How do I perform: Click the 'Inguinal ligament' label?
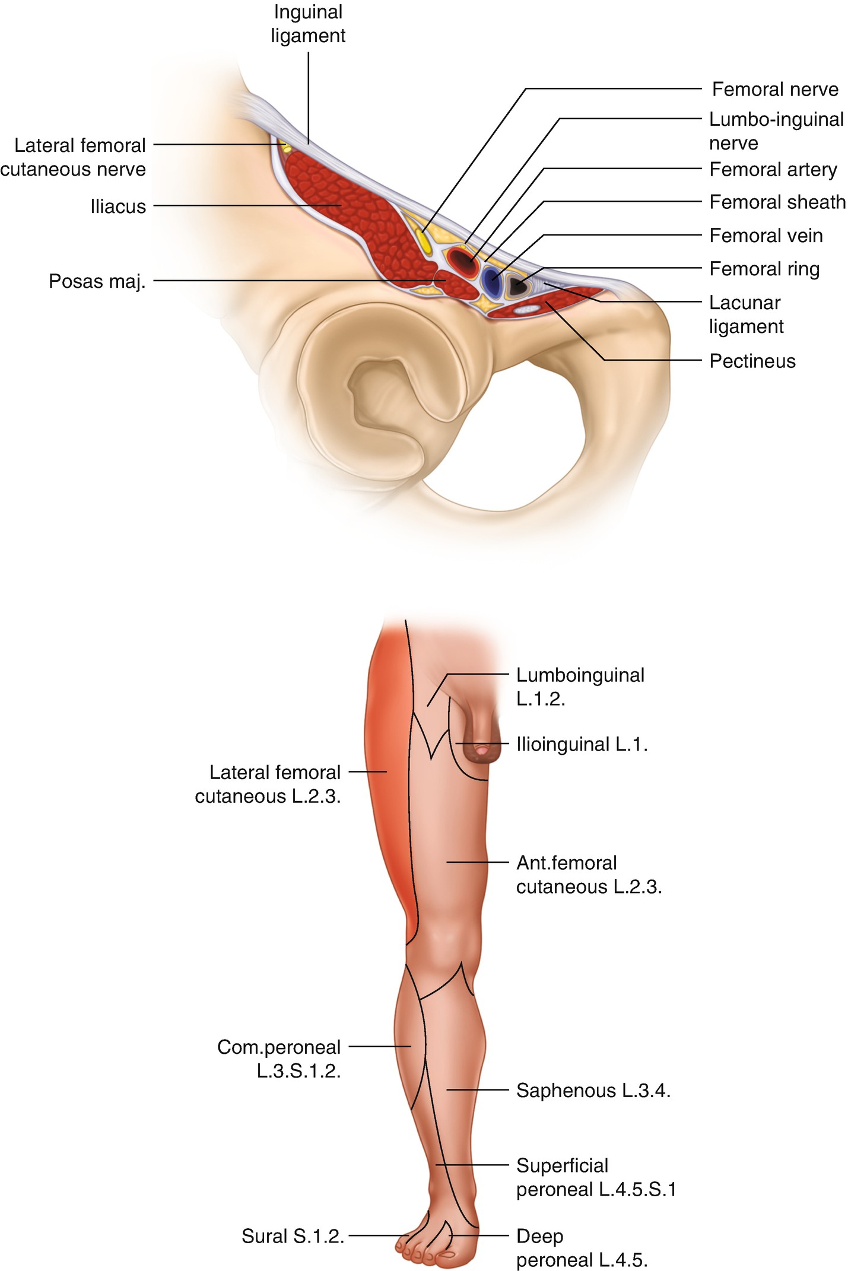tap(308, 24)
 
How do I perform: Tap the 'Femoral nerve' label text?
tap(775, 90)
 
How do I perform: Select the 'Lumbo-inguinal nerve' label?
tap(776, 131)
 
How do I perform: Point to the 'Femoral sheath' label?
tap(777, 202)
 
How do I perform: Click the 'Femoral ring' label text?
tap(764, 269)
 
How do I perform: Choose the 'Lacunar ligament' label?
tap(746, 314)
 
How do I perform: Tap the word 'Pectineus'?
tap(752, 361)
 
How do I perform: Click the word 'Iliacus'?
tap(118, 206)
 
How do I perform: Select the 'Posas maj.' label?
tap(97, 281)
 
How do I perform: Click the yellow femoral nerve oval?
tap(423, 240)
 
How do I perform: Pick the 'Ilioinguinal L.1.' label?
tap(582, 744)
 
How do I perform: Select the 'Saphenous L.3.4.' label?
tap(593, 1091)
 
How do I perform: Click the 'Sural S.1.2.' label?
tap(293, 1236)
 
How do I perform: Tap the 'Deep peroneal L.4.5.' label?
tap(581, 1248)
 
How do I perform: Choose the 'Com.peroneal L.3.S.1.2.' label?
tap(279, 1059)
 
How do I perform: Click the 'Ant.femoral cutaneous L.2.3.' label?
tap(589, 875)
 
